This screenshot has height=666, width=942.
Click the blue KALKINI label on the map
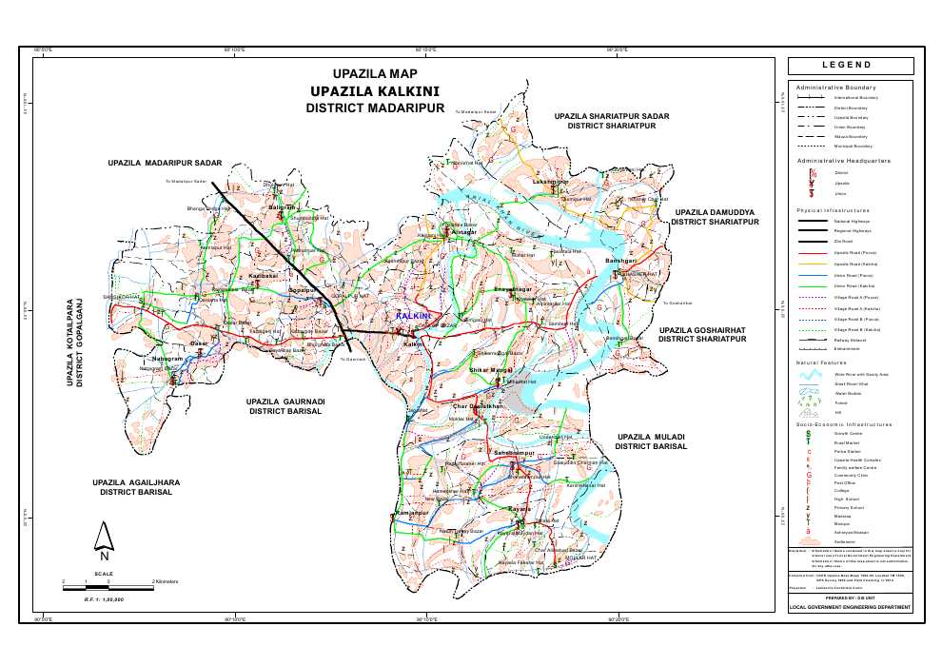coord(413,315)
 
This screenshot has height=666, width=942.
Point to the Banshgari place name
coord(619,260)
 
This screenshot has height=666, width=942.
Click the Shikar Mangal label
coord(491,368)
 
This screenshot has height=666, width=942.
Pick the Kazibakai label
coord(263,276)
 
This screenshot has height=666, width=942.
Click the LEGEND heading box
coord(859,65)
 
